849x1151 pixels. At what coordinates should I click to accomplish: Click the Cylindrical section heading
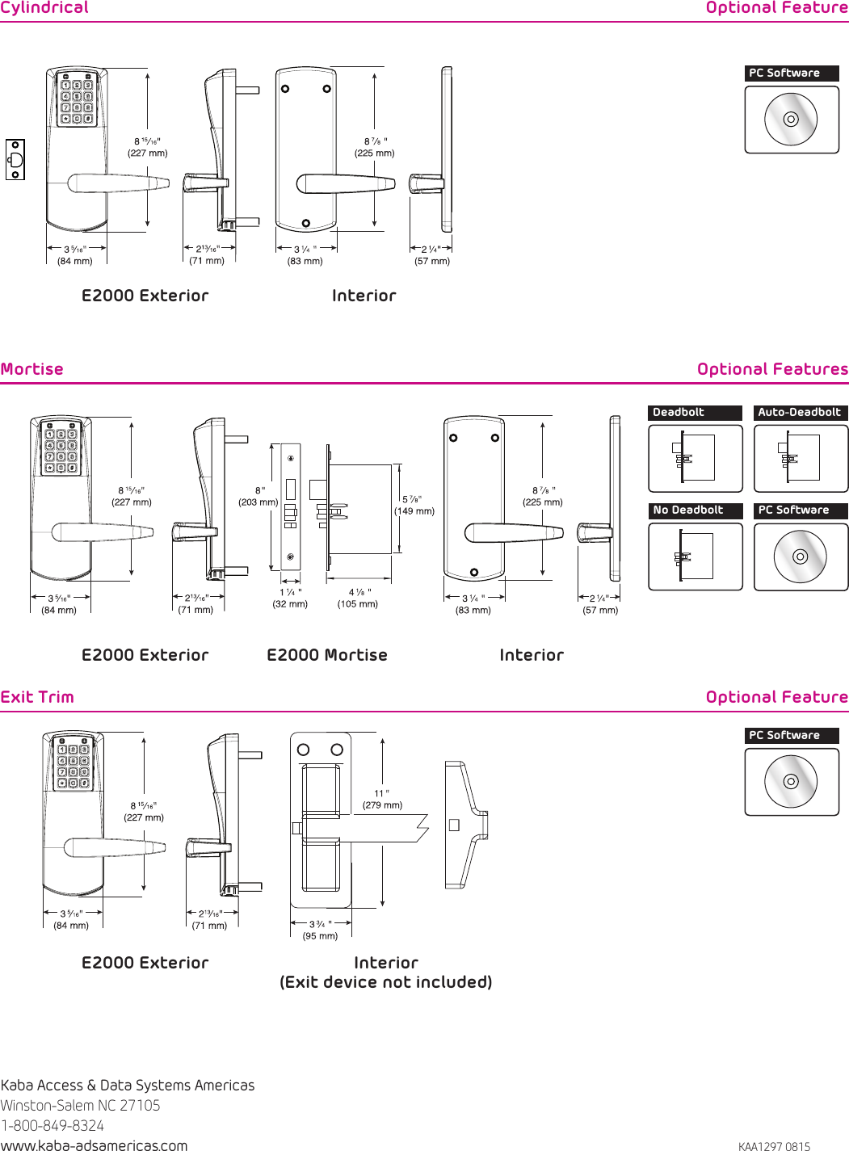(x=44, y=8)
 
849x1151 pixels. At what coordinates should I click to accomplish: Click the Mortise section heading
(x=32, y=369)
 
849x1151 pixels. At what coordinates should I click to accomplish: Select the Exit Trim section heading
(x=37, y=697)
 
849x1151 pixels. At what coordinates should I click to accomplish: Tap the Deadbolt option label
(x=679, y=413)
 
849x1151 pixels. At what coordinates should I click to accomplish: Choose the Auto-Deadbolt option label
(x=799, y=413)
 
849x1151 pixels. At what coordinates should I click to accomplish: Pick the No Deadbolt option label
(x=688, y=510)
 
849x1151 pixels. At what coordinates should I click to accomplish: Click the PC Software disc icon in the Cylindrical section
(x=791, y=120)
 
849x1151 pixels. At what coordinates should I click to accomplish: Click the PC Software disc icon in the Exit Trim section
(x=791, y=781)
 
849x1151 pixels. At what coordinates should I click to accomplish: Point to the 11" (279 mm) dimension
(x=382, y=800)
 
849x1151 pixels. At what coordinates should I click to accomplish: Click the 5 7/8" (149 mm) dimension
(x=414, y=506)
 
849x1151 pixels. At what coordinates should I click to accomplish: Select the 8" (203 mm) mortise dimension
(x=258, y=497)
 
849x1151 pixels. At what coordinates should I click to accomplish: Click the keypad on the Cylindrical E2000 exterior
(x=77, y=101)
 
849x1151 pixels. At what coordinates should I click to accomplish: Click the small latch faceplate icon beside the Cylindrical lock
(x=15, y=159)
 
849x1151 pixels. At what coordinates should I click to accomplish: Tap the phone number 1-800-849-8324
(x=53, y=1125)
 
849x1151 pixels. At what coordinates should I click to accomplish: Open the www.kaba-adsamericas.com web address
(x=94, y=1145)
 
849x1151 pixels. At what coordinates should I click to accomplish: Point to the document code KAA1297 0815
(x=774, y=1146)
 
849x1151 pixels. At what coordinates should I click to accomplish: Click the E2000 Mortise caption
(x=327, y=655)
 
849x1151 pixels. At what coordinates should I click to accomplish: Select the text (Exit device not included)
(x=386, y=982)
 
